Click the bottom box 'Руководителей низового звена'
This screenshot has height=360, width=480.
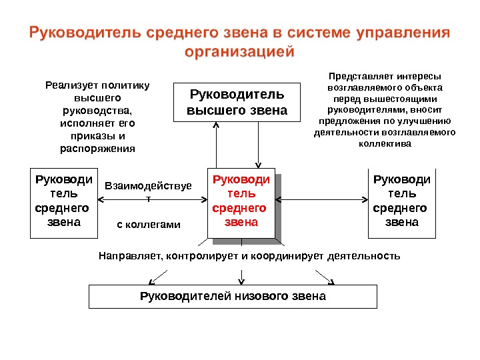tap(233, 295)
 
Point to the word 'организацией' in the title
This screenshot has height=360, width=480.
tap(239, 52)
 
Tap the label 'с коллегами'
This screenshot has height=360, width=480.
tap(149, 225)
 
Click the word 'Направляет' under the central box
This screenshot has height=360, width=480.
tap(130, 255)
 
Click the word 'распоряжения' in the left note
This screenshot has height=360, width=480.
tap(97, 149)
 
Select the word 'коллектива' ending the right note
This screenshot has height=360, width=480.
tap(385, 143)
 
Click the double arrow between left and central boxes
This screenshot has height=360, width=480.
tap(152, 199)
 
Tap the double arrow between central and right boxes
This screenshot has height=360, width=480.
tap(322, 199)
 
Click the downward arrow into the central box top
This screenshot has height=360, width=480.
tap(259, 147)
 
